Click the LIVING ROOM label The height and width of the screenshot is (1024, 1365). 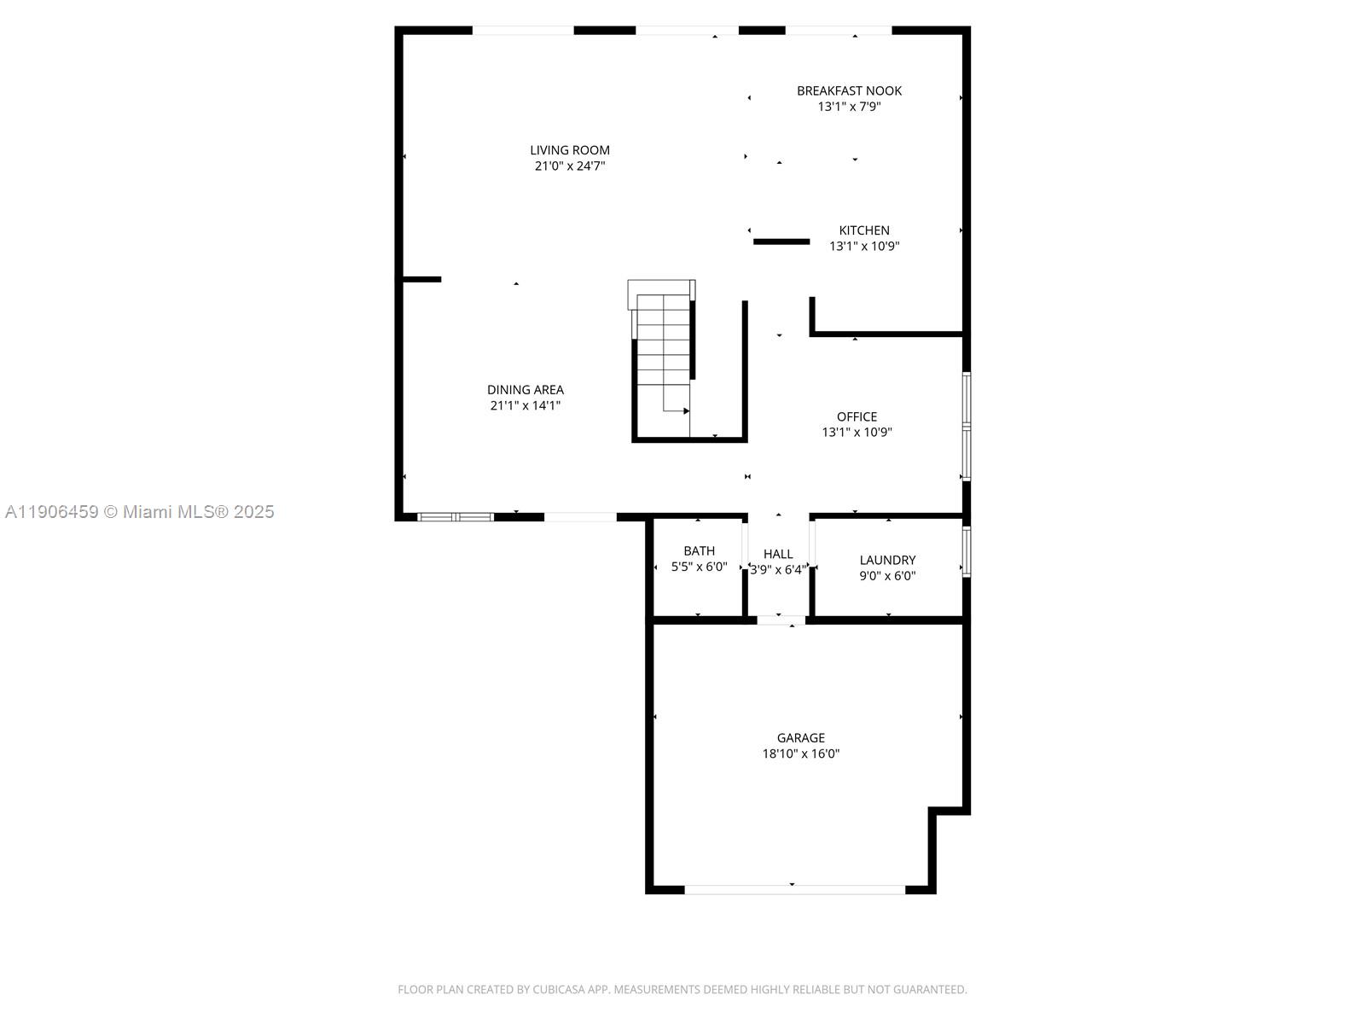click(570, 150)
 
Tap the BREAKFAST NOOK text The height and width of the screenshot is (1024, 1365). click(849, 90)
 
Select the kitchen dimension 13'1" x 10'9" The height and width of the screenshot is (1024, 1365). click(864, 247)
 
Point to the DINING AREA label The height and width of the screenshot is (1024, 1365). click(526, 390)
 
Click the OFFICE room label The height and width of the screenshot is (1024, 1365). click(857, 416)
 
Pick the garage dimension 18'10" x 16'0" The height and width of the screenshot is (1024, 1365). click(800, 753)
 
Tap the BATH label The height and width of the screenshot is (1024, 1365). click(699, 550)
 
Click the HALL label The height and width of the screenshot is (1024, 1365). click(778, 554)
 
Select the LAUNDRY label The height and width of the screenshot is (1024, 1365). click(887, 560)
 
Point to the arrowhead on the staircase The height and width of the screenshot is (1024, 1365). click(686, 411)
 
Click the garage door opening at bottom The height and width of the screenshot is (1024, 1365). click(794, 890)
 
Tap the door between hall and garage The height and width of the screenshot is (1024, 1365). click(781, 620)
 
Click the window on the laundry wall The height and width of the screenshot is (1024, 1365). click(967, 551)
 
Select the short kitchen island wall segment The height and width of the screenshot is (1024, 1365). click(781, 241)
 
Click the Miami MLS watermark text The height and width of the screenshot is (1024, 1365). click(139, 512)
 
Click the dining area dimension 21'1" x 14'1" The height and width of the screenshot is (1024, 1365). click(525, 406)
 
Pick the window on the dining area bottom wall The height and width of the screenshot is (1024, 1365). click(456, 517)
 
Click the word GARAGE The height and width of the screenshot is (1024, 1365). click(800, 737)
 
